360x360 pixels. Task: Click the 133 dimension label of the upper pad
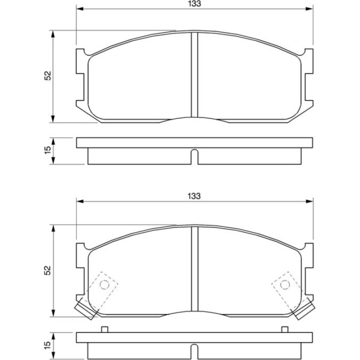point(194,4)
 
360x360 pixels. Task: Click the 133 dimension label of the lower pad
point(194,196)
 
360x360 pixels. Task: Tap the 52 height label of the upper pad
point(48,76)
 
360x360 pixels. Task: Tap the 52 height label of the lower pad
point(48,270)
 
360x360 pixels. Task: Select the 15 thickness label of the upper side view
point(48,150)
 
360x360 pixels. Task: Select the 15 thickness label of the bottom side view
point(48,345)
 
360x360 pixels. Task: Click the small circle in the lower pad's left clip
point(104,285)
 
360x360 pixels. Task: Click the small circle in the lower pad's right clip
point(285,285)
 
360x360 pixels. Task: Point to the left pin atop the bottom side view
point(105,330)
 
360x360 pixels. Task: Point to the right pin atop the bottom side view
point(285,330)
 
